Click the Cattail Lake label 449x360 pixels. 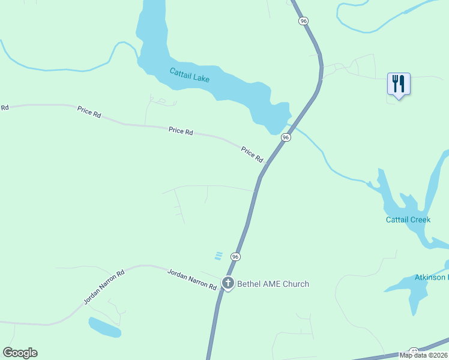pos(188,75)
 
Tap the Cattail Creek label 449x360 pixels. pos(408,220)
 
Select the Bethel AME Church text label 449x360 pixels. pos(273,284)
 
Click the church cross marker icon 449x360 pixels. pos(228,283)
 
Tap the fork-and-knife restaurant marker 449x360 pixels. pos(399,84)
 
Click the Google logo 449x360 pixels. pos(20,353)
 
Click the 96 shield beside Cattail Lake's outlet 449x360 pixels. pos(286,137)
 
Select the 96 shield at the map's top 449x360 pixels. pos(304,21)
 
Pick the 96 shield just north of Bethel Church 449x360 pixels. pos(235,257)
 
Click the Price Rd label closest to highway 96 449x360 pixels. pos(252,154)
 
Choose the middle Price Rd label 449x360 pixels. pos(181,130)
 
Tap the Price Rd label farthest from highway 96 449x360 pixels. pos(89,111)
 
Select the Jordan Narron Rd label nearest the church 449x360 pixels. pos(191,279)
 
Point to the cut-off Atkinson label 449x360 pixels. pos(432,277)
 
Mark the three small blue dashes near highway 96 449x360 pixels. pos(218,256)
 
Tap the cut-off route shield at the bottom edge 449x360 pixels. pos(414,351)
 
